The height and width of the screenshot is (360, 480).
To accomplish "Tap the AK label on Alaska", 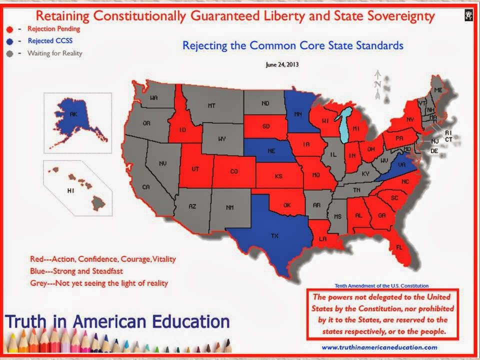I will tap(73, 114).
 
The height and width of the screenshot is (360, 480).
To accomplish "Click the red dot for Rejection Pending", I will tap(10, 29).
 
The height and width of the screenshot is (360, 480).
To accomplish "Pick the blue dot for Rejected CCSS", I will tap(10, 41).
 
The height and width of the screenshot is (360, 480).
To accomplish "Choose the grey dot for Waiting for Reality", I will tap(10, 53).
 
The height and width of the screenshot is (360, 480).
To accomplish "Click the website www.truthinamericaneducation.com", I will tap(379, 347).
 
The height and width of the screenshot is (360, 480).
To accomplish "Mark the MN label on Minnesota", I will tap(298, 114).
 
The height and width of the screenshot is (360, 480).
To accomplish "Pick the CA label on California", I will tap(146, 187).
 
